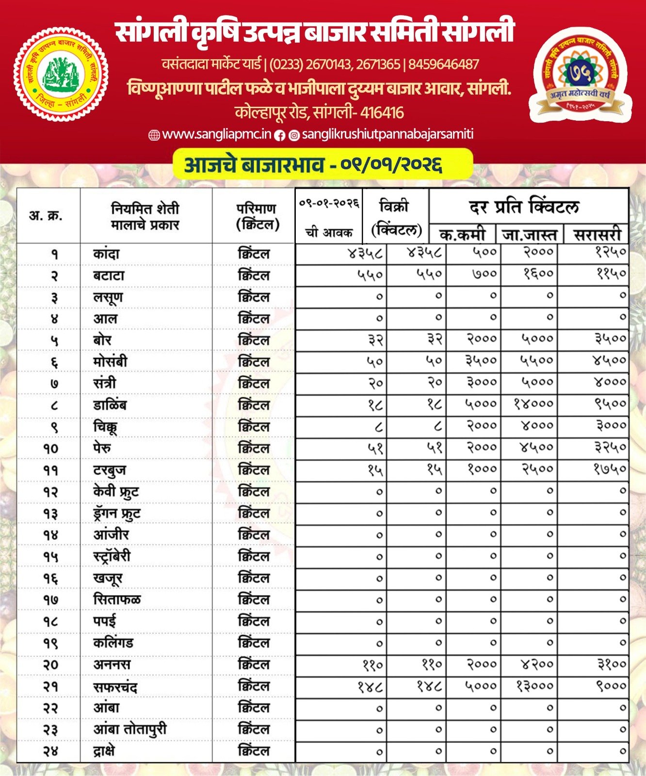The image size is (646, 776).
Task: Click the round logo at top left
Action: (61, 74)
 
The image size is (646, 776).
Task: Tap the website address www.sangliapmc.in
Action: (216, 134)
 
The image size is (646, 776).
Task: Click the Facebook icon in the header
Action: (280, 135)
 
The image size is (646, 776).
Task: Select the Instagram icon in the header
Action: (294, 135)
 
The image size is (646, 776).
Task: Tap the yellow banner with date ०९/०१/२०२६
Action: (323, 164)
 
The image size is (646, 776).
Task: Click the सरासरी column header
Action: (597, 235)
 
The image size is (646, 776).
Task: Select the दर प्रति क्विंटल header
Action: (524, 207)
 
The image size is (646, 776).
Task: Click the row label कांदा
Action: (106, 254)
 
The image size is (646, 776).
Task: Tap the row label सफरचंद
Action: (115, 687)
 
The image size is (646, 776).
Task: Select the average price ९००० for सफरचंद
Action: (612, 686)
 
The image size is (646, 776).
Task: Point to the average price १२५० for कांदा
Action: (611, 252)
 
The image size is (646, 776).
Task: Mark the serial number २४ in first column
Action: (50, 751)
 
